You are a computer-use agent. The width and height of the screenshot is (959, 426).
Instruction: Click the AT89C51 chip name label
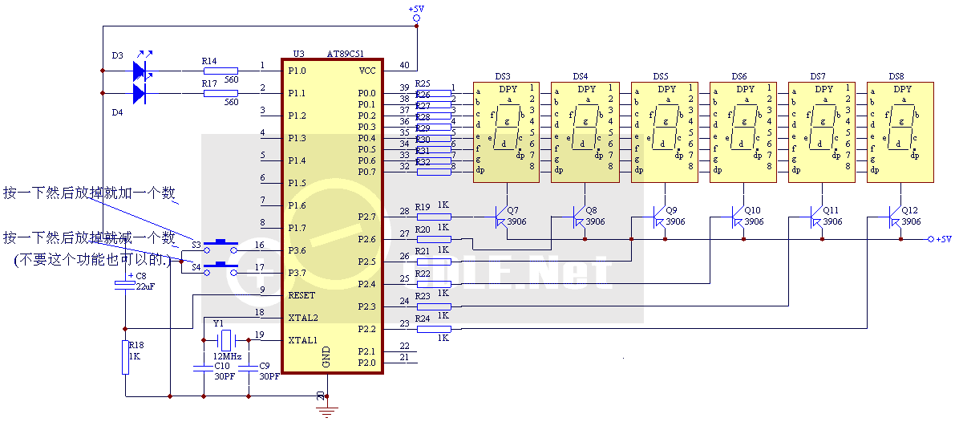point(346,54)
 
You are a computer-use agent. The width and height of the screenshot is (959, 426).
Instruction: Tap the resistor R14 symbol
point(220,71)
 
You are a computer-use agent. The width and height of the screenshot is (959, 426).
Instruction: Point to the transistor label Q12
point(910,210)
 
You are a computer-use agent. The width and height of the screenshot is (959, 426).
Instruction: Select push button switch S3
point(221,243)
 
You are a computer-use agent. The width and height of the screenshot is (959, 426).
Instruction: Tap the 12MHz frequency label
point(227,356)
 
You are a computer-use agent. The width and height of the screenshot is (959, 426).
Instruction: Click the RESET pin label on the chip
point(301,295)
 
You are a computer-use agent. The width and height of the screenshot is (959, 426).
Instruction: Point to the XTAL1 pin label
point(303,340)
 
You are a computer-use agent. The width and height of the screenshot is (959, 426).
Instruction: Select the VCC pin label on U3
point(366,71)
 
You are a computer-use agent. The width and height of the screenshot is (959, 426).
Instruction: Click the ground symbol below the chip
point(326,412)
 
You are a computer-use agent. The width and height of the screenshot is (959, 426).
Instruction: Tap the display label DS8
point(896,76)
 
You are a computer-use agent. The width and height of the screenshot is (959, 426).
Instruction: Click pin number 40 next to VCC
point(403,66)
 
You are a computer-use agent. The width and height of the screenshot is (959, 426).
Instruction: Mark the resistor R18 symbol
point(125,357)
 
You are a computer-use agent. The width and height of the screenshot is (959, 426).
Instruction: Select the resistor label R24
point(423,319)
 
